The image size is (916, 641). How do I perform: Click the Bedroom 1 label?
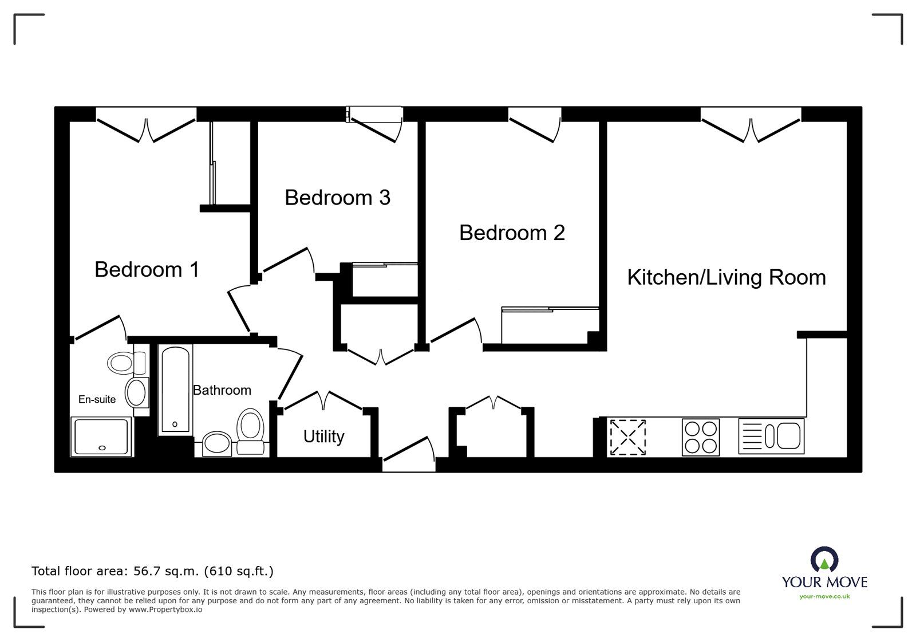(x=147, y=270)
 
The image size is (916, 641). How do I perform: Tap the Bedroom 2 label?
(x=512, y=233)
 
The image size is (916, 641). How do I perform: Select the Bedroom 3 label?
(x=337, y=198)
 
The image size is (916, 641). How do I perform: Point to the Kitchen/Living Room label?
(x=727, y=278)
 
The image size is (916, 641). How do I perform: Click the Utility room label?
(x=323, y=437)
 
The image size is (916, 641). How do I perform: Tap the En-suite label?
(x=97, y=399)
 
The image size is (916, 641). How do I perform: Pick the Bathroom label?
(x=222, y=390)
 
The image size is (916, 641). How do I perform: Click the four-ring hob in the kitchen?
(x=701, y=437)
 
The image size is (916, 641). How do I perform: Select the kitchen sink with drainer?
(x=771, y=436)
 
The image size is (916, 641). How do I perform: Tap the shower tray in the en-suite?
(x=101, y=436)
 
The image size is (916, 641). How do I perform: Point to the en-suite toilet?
(x=127, y=363)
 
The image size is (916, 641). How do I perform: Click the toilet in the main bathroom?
(x=250, y=431)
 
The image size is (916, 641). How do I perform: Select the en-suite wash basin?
(x=137, y=392)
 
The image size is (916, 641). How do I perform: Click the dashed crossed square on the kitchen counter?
(x=627, y=437)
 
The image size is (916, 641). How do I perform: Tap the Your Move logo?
(x=824, y=573)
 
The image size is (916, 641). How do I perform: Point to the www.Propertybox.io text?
(x=165, y=609)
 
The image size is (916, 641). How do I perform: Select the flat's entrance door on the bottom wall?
(x=409, y=454)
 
